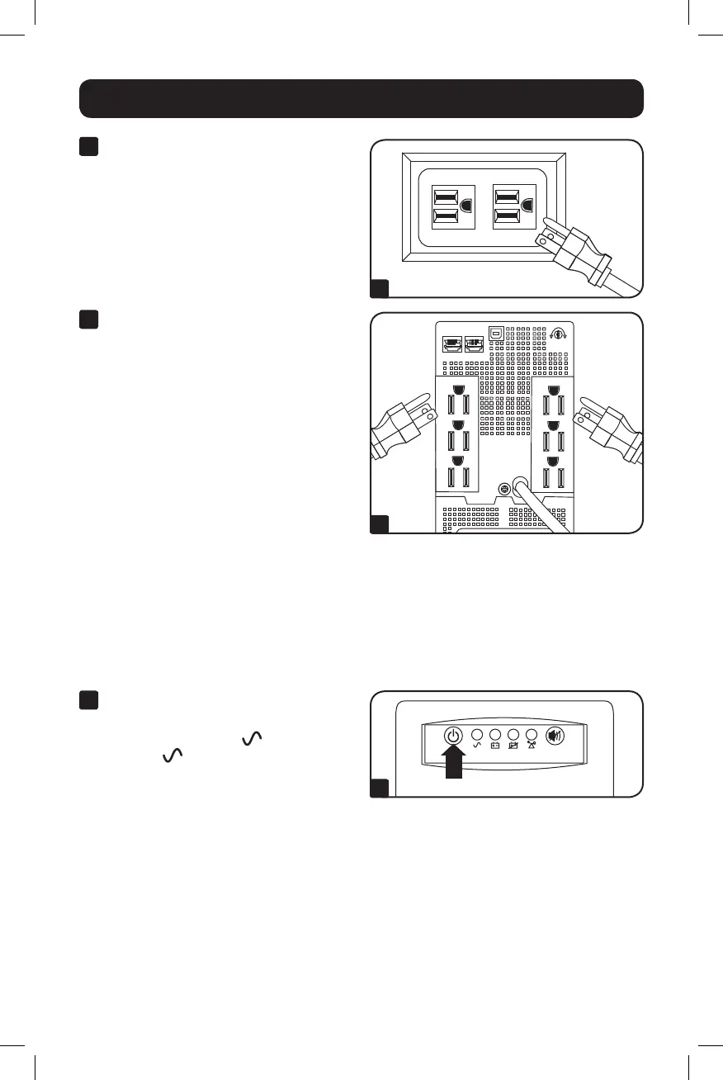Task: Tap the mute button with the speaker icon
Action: tap(554, 735)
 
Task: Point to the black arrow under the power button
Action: tap(452, 760)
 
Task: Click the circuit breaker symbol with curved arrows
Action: tap(558, 335)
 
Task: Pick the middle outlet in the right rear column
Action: tap(552, 438)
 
